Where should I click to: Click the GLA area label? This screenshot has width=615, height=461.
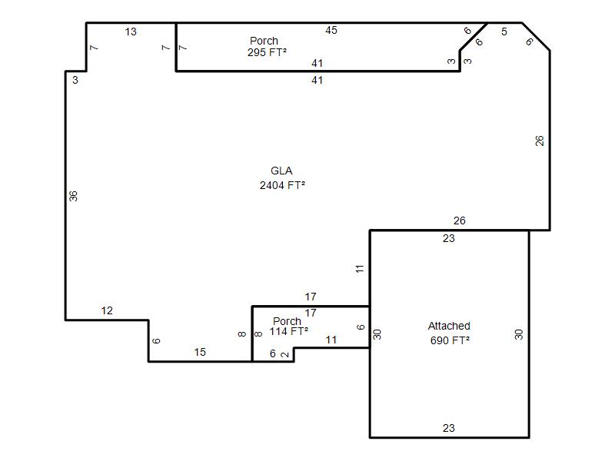pyautogui.click(x=281, y=171)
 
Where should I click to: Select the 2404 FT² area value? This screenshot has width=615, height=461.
pyautogui.click(x=282, y=185)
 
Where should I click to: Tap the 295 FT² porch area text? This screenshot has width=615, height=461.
pyautogui.click(x=267, y=52)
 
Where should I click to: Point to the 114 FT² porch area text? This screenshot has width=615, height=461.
pyautogui.click(x=289, y=332)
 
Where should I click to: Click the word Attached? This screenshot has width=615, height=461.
pyautogui.click(x=449, y=326)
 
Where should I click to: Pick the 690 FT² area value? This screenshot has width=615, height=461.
pyautogui.click(x=450, y=340)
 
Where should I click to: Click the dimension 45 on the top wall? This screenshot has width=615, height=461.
pyautogui.click(x=331, y=30)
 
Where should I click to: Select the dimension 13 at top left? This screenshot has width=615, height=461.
pyautogui.click(x=131, y=32)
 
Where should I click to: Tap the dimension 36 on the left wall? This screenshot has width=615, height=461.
pyautogui.click(x=73, y=196)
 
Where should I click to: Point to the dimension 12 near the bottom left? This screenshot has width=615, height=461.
pyautogui.click(x=107, y=311)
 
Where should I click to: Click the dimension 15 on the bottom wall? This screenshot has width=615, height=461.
pyautogui.click(x=200, y=352)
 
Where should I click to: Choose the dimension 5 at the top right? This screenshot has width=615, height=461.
pyautogui.click(x=504, y=32)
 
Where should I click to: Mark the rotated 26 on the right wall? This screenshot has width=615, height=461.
pyautogui.click(x=540, y=141)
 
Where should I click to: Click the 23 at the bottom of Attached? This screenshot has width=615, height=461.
pyautogui.click(x=448, y=428)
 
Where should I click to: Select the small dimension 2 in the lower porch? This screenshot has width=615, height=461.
pyautogui.click(x=285, y=354)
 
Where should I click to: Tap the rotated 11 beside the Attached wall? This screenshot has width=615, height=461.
pyautogui.click(x=360, y=269)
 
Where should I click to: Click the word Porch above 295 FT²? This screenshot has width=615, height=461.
pyautogui.click(x=264, y=41)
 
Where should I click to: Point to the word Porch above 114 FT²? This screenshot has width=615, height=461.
pyautogui.click(x=287, y=321)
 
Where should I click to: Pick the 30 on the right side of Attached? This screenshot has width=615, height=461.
pyautogui.click(x=518, y=334)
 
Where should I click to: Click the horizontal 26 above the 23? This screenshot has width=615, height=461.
pyautogui.click(x=459, y=221)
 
